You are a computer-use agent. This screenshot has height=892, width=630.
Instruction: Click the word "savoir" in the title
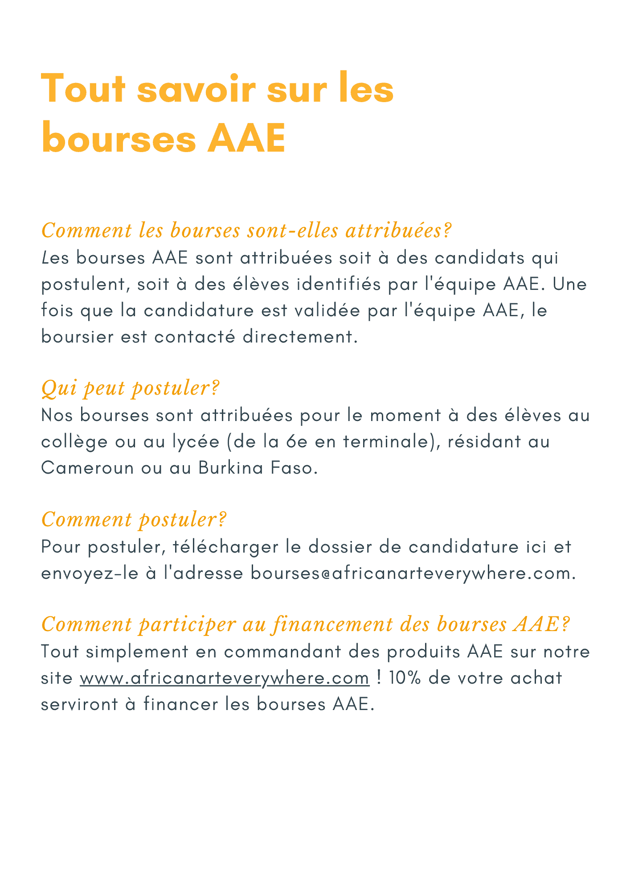[196, 89]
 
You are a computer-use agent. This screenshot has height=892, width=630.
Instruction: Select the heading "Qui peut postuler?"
[130, 388]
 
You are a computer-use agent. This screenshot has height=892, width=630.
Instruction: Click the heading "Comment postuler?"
[134, 520]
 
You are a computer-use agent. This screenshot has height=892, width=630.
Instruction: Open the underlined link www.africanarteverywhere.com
[225, 678]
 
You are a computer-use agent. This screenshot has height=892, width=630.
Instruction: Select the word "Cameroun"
[87, 468]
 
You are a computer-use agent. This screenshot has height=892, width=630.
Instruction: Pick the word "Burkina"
[231, 468]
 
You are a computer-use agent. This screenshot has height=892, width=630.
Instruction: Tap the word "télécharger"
[225, 547]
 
